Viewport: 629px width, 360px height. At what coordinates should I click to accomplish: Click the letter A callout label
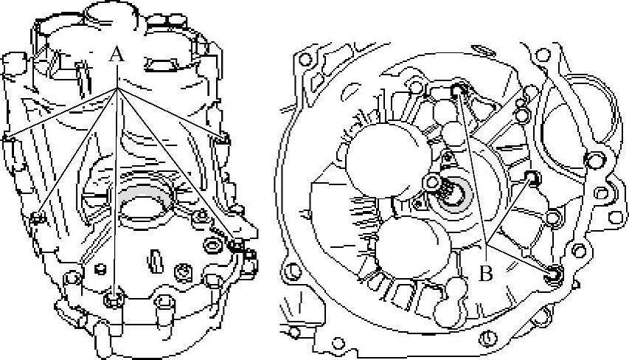coord(117,54)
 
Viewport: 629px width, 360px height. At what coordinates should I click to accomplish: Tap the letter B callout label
coord(486,274)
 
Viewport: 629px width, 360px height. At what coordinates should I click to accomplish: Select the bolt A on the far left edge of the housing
coord(7,138)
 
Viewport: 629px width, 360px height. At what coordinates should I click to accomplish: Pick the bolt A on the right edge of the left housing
coord(222,139)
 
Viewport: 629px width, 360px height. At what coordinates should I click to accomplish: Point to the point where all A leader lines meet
coord(117,89)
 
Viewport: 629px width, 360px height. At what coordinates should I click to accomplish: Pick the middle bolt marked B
coord(532,177)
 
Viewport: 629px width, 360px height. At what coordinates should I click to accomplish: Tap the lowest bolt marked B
coord(554,273)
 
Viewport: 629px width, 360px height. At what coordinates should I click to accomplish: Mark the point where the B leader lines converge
coord(486,244)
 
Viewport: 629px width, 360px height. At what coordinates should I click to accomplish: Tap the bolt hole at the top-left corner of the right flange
coord(305,60)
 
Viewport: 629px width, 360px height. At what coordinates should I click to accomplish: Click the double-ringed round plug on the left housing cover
coord(212,245)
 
